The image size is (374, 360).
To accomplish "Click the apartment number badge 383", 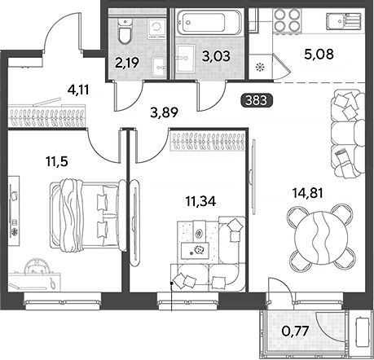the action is coord(257,100).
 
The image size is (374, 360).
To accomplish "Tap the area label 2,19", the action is coord(127,63).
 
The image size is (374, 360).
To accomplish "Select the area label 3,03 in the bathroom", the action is coord(216,56).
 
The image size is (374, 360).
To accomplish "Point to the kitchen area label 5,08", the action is coord(319,54).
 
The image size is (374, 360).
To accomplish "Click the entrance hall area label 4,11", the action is coord(78,90).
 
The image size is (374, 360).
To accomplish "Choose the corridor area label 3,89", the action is coord(165,112).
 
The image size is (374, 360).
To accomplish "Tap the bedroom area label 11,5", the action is coord(56,161).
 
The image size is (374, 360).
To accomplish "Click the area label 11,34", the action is coord(200,201).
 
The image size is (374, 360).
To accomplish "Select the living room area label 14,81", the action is coord(307,193).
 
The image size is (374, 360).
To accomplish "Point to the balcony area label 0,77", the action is coord(295,331).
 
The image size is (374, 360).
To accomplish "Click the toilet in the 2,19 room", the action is coord(125,31).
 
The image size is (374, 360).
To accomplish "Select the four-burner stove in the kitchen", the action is coord(288,20).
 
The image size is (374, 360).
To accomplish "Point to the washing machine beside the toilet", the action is coord(156,29).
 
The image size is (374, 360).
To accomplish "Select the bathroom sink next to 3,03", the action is coord(186,59).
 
